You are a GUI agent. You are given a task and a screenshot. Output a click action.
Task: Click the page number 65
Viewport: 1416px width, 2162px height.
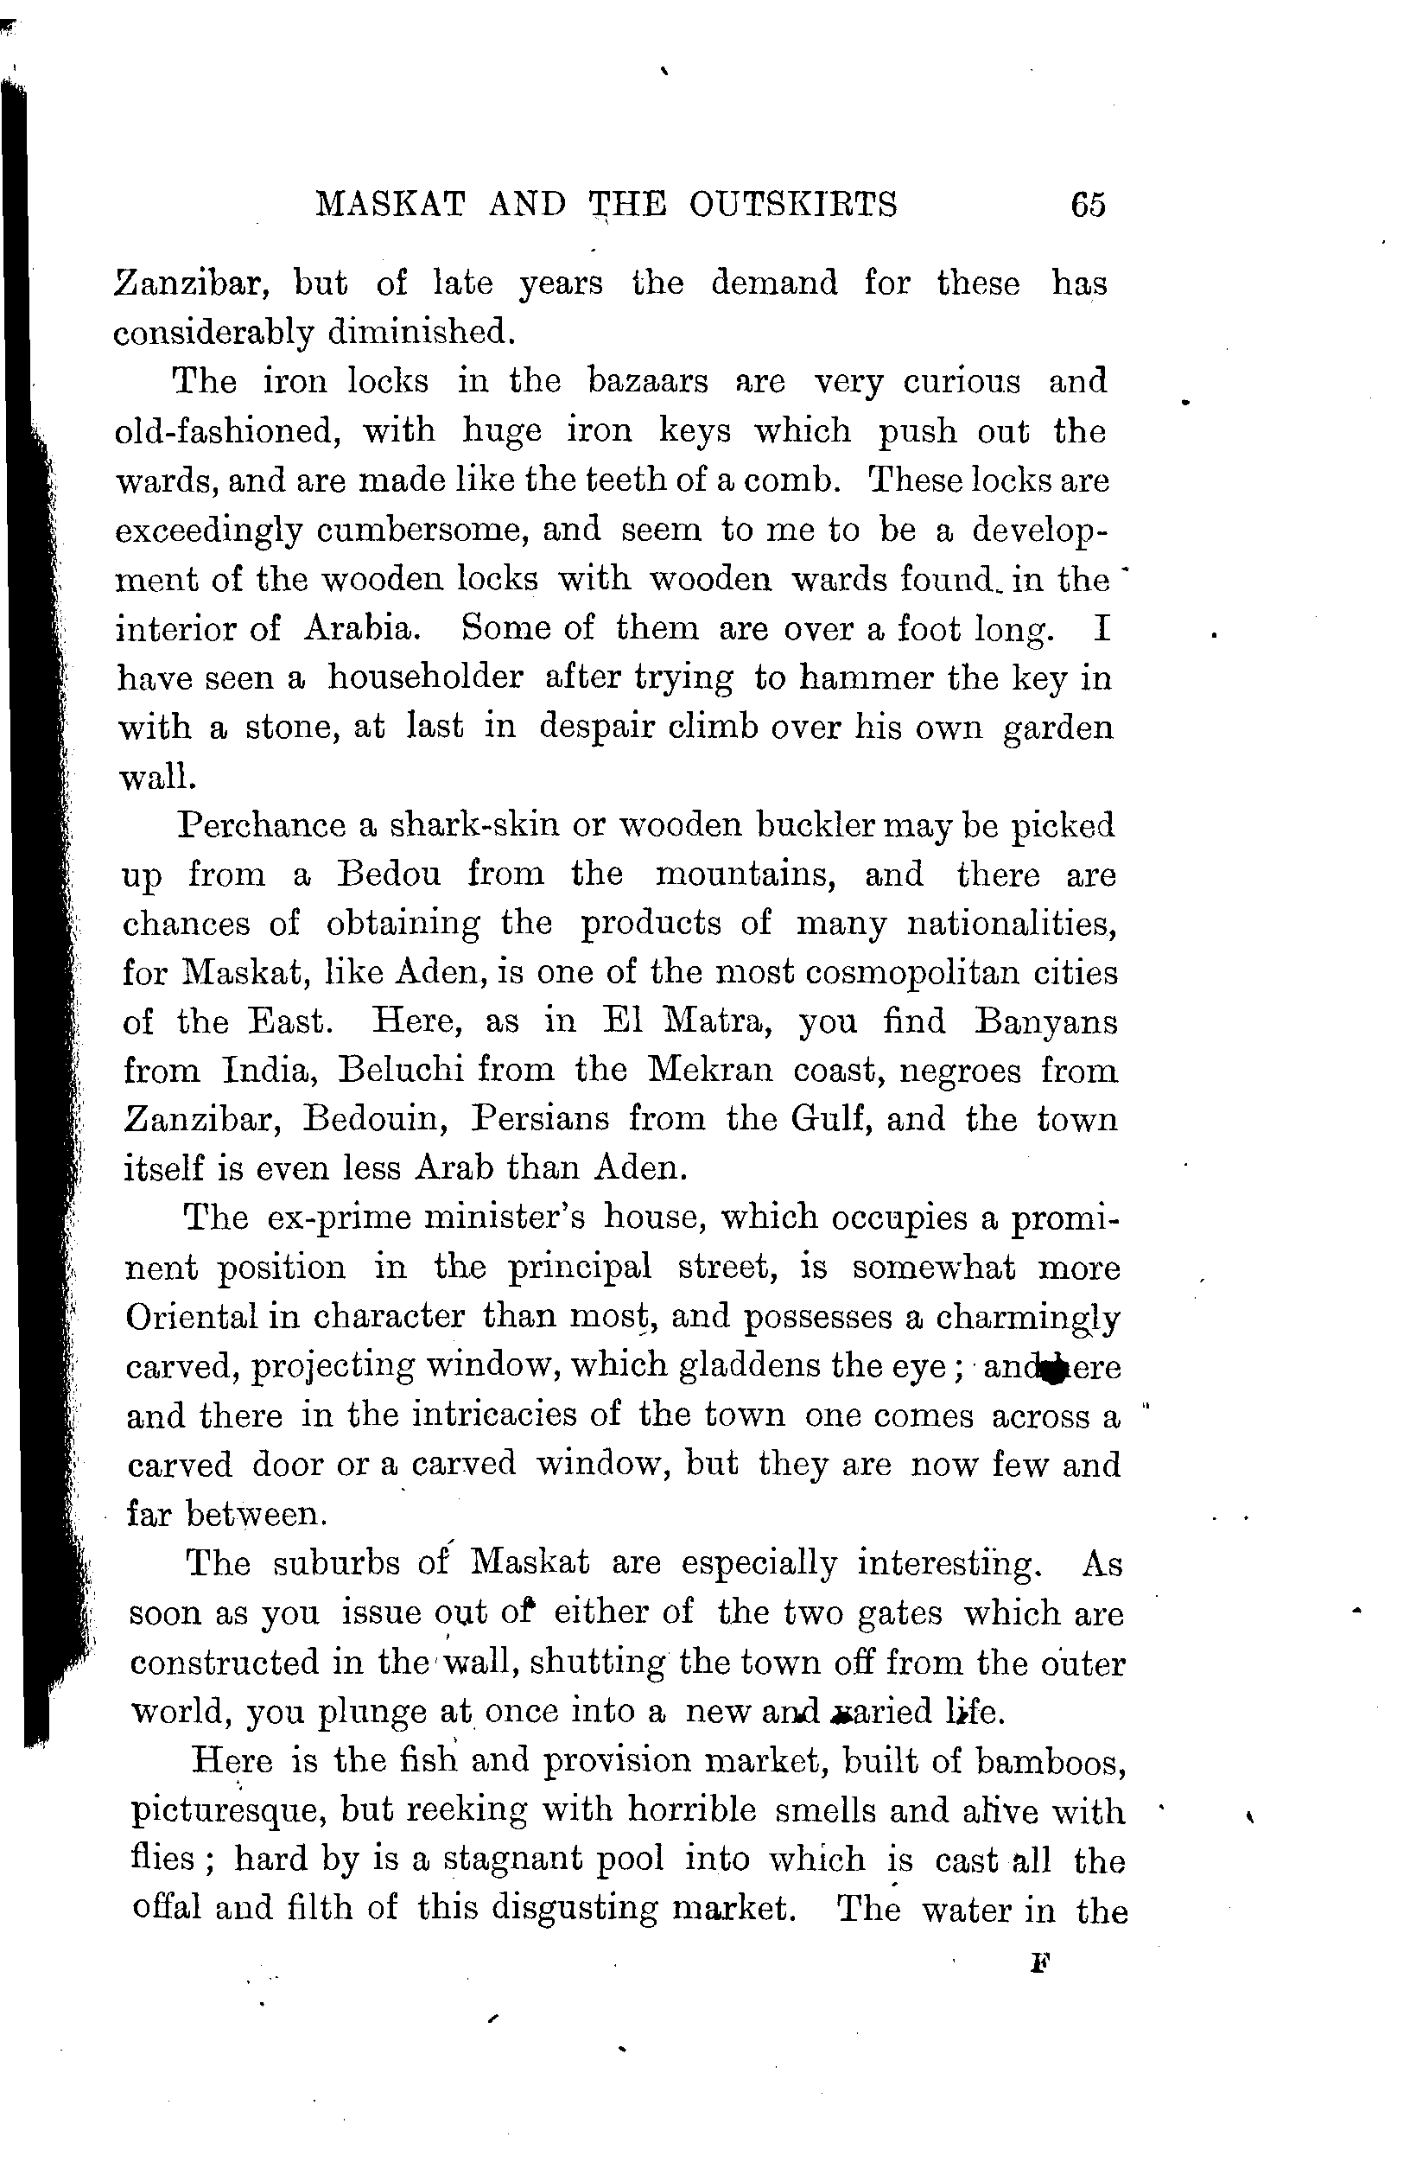[1088, 205]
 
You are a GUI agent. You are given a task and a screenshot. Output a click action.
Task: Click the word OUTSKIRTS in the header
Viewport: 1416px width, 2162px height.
[793, 205]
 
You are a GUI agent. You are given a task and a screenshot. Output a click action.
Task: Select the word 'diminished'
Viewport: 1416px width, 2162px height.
[422, 333]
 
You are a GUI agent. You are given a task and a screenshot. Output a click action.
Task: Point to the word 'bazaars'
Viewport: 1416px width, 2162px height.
[648, 380]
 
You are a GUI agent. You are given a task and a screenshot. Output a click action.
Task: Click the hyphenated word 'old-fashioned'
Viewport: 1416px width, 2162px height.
[228, 429]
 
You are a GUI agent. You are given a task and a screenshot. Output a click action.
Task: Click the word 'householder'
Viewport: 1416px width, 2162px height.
[425, 677]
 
